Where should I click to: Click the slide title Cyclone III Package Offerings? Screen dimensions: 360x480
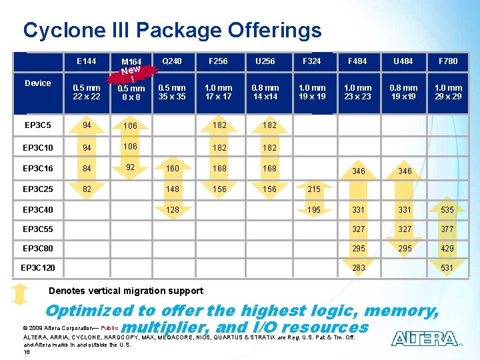172,30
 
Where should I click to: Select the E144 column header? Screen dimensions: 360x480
86,61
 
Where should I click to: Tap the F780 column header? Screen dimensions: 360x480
447,61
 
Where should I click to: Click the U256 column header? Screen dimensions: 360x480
265,61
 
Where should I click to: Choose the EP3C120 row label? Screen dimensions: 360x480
38,268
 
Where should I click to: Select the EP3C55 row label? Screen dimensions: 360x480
37,229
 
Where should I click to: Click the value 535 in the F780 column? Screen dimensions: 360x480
447,210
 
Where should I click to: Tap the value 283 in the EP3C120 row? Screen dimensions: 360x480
359,268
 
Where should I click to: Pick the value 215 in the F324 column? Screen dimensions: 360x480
314,189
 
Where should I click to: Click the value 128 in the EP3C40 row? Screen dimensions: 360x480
173,210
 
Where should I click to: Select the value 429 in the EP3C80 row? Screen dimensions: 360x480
447,249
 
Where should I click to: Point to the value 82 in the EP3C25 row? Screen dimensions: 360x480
86,189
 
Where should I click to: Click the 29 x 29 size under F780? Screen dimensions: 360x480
447,96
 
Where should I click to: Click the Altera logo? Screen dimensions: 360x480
425,339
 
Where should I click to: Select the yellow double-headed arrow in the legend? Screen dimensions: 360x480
21,293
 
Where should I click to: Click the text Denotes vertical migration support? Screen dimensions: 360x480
127,291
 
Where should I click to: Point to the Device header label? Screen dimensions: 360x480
37,83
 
